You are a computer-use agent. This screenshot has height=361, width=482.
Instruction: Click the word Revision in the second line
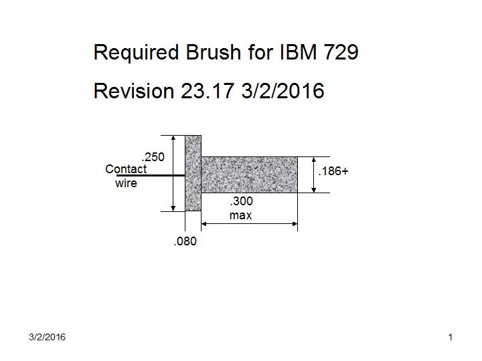click(x=134, y=91)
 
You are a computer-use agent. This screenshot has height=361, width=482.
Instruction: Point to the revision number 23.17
click(x=207, y=91)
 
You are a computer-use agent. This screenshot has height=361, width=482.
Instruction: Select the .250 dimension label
click(x=154, y=157)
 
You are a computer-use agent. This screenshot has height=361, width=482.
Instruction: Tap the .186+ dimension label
click(x=333, y=172)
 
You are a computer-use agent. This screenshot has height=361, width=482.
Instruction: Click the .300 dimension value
click(x=241, y=201)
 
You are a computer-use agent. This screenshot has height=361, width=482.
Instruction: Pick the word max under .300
click(x=240, y=215)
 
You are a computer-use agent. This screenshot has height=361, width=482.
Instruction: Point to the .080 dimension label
click(x=185, y=242)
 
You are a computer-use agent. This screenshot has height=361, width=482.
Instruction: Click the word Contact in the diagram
click(x=126, y=170)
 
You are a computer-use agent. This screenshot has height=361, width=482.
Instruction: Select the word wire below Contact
click(x=126, y=183)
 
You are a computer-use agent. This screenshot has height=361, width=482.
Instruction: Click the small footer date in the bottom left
click(x=48, y=338)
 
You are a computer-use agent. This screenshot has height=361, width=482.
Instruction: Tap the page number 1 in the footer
click(x=451, y=338)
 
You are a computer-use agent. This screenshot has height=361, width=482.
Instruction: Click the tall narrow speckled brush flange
click(x=193, y=173)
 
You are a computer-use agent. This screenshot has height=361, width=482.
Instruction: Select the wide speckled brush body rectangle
click(x=249, y=174)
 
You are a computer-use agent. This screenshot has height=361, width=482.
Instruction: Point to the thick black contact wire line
click(x=151, y=176)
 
